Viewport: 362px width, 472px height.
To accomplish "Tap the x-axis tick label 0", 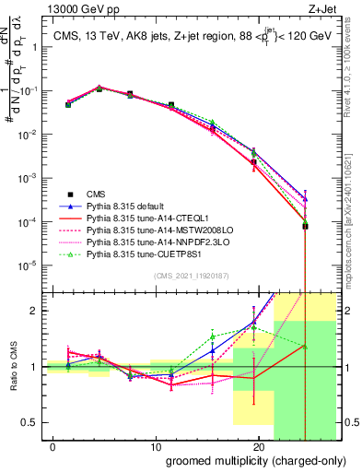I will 43,448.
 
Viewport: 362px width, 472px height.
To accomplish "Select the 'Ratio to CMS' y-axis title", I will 13,367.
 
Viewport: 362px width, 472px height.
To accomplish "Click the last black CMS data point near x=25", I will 305,225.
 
